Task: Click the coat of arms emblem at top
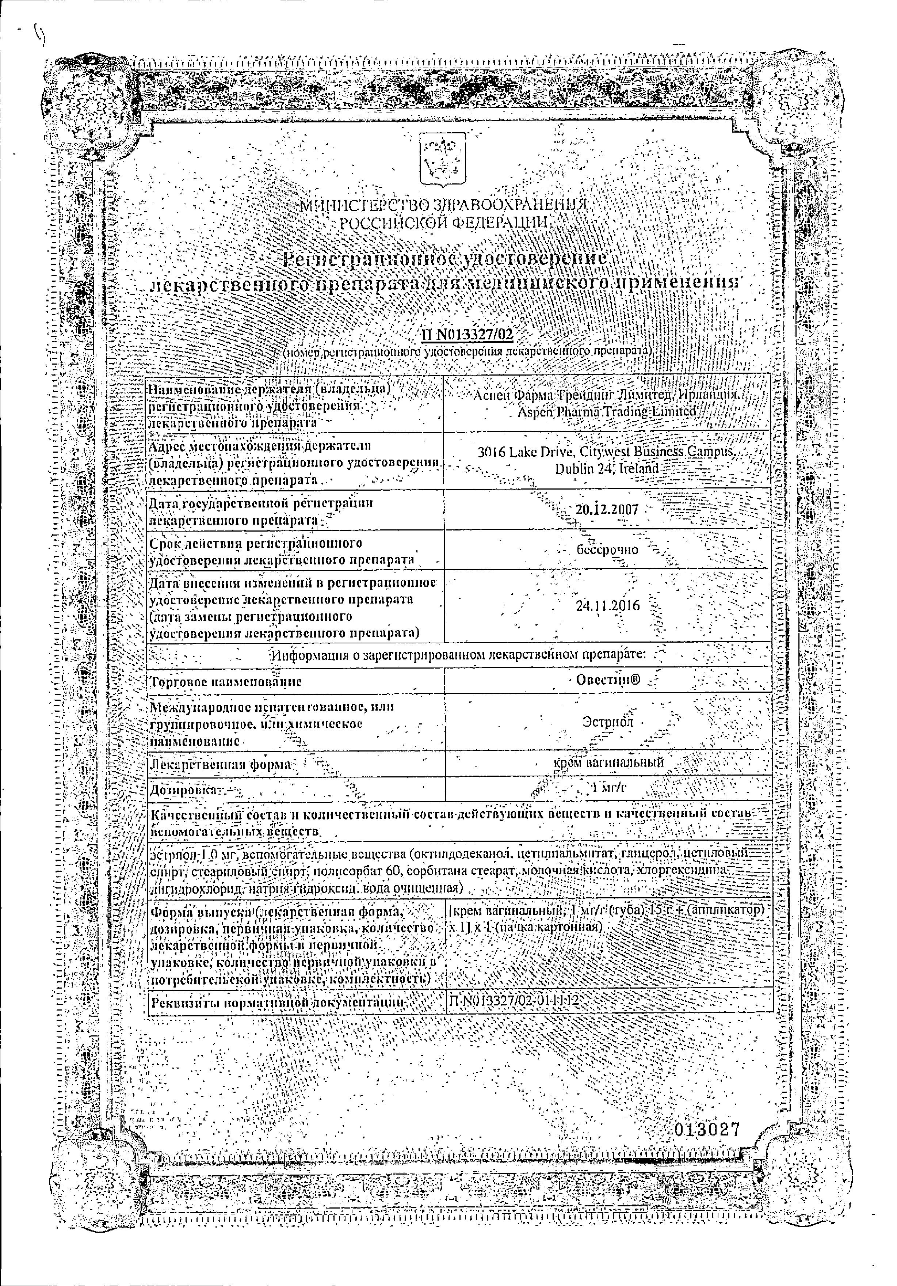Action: pyautogui.click(x=442, y=160)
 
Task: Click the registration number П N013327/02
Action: pyautogui.click(x=466, y=335)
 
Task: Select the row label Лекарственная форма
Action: pyautogui.click(x=222, y=764)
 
